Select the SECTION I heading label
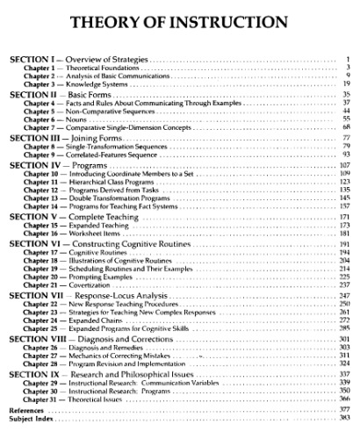[x=33, y=59]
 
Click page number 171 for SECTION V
[x=344, y=216]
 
